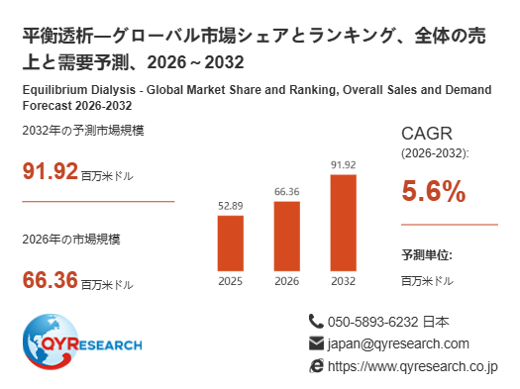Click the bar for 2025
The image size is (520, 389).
(231, 243)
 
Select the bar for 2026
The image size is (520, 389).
(287, 237)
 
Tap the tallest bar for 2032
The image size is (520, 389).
(344, 223)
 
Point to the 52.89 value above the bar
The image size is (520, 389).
(231, 206)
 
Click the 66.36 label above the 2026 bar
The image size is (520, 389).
(287, 192)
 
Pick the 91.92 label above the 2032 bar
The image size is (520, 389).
(344, 165)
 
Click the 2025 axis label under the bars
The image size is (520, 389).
(231, 281)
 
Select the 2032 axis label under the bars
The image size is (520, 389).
(344, 281)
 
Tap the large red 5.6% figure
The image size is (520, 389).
(434, 191)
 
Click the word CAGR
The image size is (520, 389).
(427, 134)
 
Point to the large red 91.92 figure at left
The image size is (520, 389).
(51, 171)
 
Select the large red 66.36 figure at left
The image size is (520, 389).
(51, 280)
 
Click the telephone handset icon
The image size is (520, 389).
(316, 321)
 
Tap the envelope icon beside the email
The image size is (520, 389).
(316, 343)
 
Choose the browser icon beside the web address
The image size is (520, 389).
(316, 366)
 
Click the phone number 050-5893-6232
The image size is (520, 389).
(373, 322)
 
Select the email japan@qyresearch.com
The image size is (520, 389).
(398, 344)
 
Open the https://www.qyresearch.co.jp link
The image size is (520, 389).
(413, 367)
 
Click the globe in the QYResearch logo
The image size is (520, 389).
(51, 341)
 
